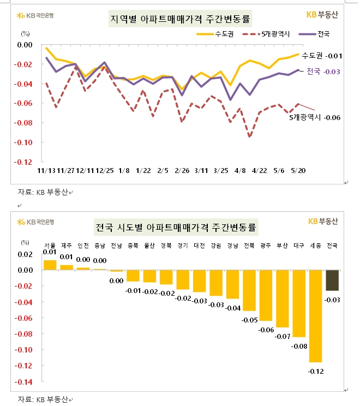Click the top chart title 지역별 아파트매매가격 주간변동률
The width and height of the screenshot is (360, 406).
pyautogui.click(x=181, y=19)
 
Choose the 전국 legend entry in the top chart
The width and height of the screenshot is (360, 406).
pyautogui.click(x=322, y=34)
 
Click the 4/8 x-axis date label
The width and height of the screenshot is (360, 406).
pyautogui.click(x=241, y=171)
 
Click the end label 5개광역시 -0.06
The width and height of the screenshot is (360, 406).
pyautogui.click(x=315, y=117)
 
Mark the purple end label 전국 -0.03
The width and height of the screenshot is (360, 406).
pyautogui.click(x=323, y=71)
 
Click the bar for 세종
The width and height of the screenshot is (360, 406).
pyautogui.click(x=315, y=316)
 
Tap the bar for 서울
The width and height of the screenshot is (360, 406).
pyautogui.click(x=50, y=265)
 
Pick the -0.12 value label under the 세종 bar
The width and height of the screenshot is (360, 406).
pyautogui.click(x=315, y=372)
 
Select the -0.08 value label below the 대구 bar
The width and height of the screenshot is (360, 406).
pyautogui.click(x=299, y=346)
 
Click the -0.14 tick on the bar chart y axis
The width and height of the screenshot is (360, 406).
pyautogui.click(x=25, y=382)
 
